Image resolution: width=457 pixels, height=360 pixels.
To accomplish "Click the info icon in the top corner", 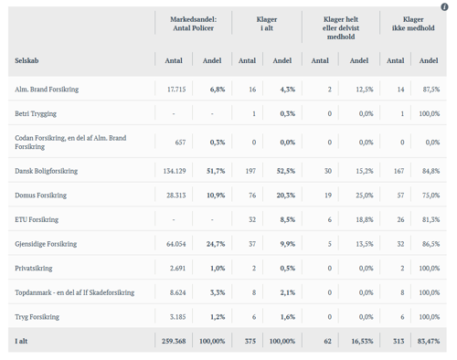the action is pyautogui.click(x=444, y=6).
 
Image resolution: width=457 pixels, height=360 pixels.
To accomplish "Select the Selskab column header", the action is pyautogui.click(x=27, y=60).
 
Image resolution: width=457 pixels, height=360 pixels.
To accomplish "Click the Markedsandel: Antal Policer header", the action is pyautogui.click(x=194, y=24).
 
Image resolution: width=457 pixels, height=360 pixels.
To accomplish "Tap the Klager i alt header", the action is pyautogui.click(x=267, y=24).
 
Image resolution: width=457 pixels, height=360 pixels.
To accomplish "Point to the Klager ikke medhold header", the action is pyautogui.click(x=413, y=24).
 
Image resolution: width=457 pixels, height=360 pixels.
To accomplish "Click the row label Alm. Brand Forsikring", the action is pyautogui.click(x=47, y=90).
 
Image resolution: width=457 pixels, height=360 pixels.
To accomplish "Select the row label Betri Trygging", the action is pyautogui.click(x=36, y=114).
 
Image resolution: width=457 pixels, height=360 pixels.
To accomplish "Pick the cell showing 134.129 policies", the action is pyautogui.click(x=175, y=171).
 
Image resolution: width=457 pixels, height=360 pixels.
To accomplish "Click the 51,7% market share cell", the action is pyautogui.click(x=216, y=171).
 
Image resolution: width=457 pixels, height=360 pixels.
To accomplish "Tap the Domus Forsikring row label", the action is pyautogui.click(x=40, y=196).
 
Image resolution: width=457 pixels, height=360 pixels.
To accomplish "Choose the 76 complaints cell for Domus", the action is pyautogui.click(x=252, y=196).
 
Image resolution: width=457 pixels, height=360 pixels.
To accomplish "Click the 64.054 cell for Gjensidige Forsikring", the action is pyautogui.click(x=176, y=244).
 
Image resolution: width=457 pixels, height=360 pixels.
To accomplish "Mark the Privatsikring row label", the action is pyautogui.click(x=34, y=269).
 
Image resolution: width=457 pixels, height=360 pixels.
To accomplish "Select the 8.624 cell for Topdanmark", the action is pyautogui.click(x=177, y=292).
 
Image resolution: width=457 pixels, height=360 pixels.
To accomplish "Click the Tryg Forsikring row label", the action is pyautogui.click(x=37, y=317).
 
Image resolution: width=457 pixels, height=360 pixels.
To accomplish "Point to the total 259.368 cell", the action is pyautogui.click(x=174, y=341).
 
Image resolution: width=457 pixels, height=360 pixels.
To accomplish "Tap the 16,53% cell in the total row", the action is pyautogui.click(x=362, y=341).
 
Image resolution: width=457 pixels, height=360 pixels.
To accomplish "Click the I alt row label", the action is pyautogui.click(x=21, y=341).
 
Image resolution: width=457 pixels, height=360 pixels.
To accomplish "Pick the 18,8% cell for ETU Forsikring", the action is pyautogui.click(x=365, y=219).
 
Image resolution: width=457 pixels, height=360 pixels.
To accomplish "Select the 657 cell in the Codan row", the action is pyautogui.click(x=180, y=143).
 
